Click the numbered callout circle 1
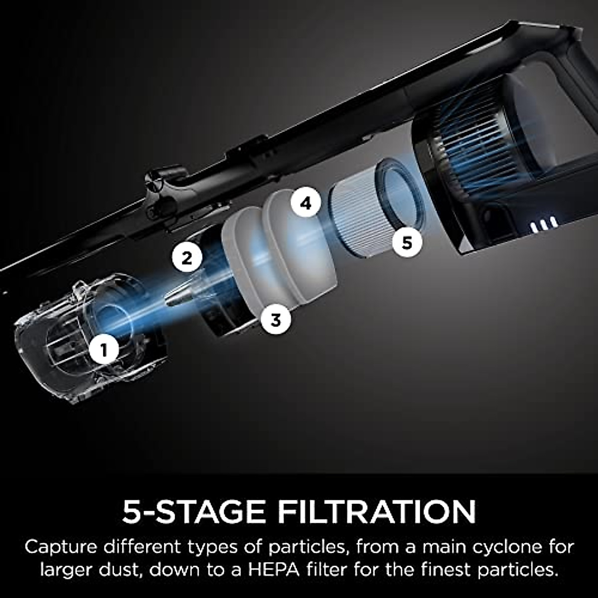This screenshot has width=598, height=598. [104, 350]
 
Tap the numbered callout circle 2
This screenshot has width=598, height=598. [187, 258]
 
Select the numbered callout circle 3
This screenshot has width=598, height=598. [276, 319]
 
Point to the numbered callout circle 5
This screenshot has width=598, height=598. [407, 243]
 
